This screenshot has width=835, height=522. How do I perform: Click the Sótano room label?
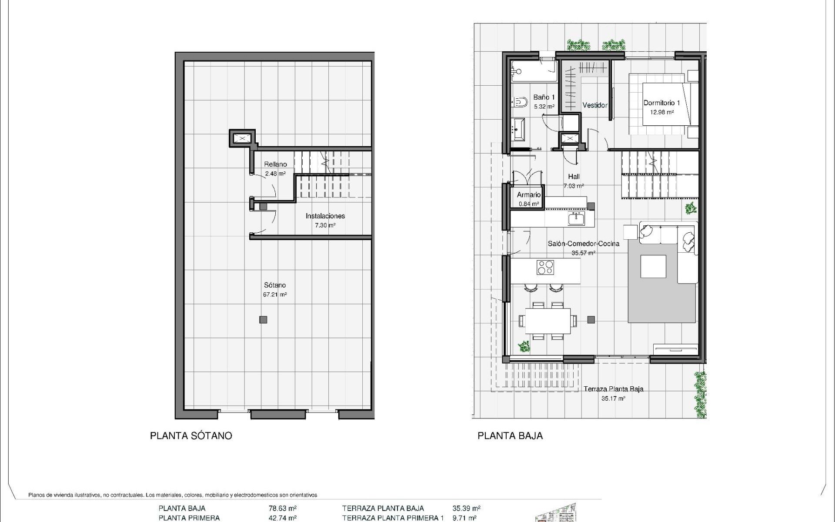(275, 285)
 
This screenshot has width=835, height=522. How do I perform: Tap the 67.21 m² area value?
(275, 294)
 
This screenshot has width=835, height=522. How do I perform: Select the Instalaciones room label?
(325, 216)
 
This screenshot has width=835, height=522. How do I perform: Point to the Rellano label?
(275, 164)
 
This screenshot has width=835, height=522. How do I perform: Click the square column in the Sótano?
(263, 320)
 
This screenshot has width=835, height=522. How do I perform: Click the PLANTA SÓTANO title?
(191, 436)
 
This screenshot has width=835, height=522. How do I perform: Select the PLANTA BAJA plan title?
(510, 436)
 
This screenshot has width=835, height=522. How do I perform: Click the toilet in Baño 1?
(519, 103)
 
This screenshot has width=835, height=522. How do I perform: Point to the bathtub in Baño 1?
(534, 71)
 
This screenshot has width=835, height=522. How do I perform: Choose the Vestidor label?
(595, 105)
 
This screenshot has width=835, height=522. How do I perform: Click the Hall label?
(574, 177)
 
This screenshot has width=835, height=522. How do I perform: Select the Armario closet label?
(528, 195)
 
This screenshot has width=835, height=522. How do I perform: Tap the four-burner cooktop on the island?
(545, 267)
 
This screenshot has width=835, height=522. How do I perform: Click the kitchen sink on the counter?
(577, 219)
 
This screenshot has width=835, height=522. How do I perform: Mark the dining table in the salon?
(548, 321)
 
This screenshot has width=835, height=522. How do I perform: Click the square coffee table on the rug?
(653, 266)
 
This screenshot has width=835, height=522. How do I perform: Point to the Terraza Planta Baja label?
(613, 389)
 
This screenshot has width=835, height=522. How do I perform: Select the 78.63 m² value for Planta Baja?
(283, 508)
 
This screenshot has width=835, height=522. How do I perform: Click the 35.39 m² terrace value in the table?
(466, 508)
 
